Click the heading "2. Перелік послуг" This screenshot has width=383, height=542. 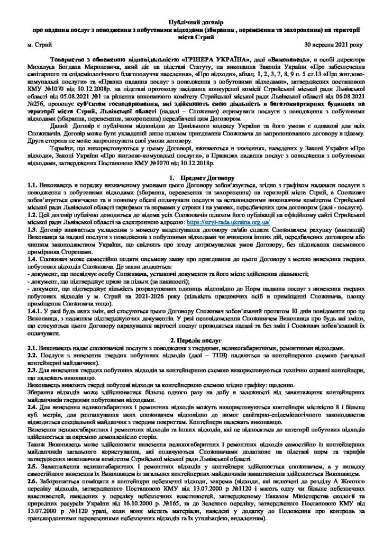[x=191, y=338]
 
